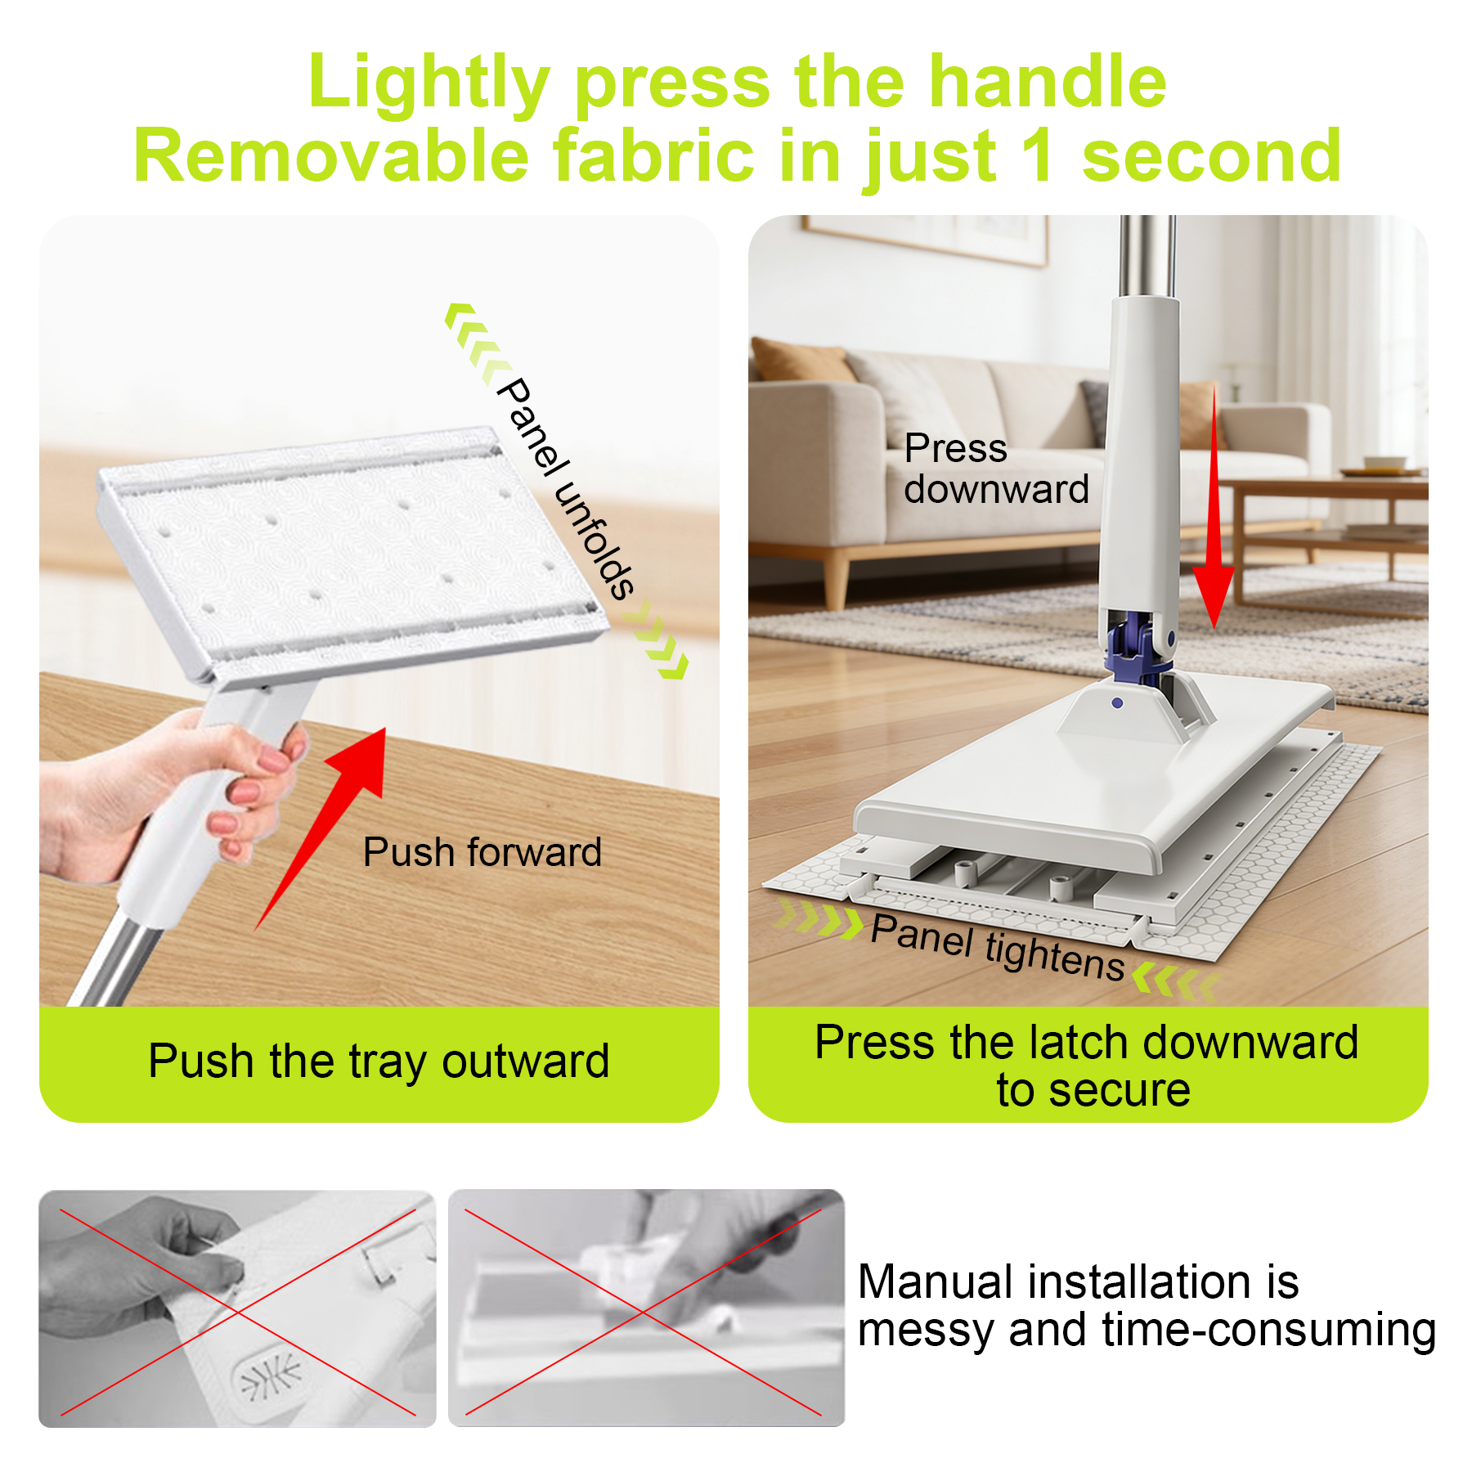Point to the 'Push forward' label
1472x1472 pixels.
tap(482, 852)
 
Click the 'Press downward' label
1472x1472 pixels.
tap(996, 469)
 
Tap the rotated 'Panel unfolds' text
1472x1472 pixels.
tap(566, 488)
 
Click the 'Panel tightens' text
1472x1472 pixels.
tap(998, 946)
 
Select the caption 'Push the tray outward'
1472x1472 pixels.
tap(379, 1061)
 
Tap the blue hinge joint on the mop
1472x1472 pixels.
tap(1138, 646)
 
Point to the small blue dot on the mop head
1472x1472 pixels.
tap(1117, 702)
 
